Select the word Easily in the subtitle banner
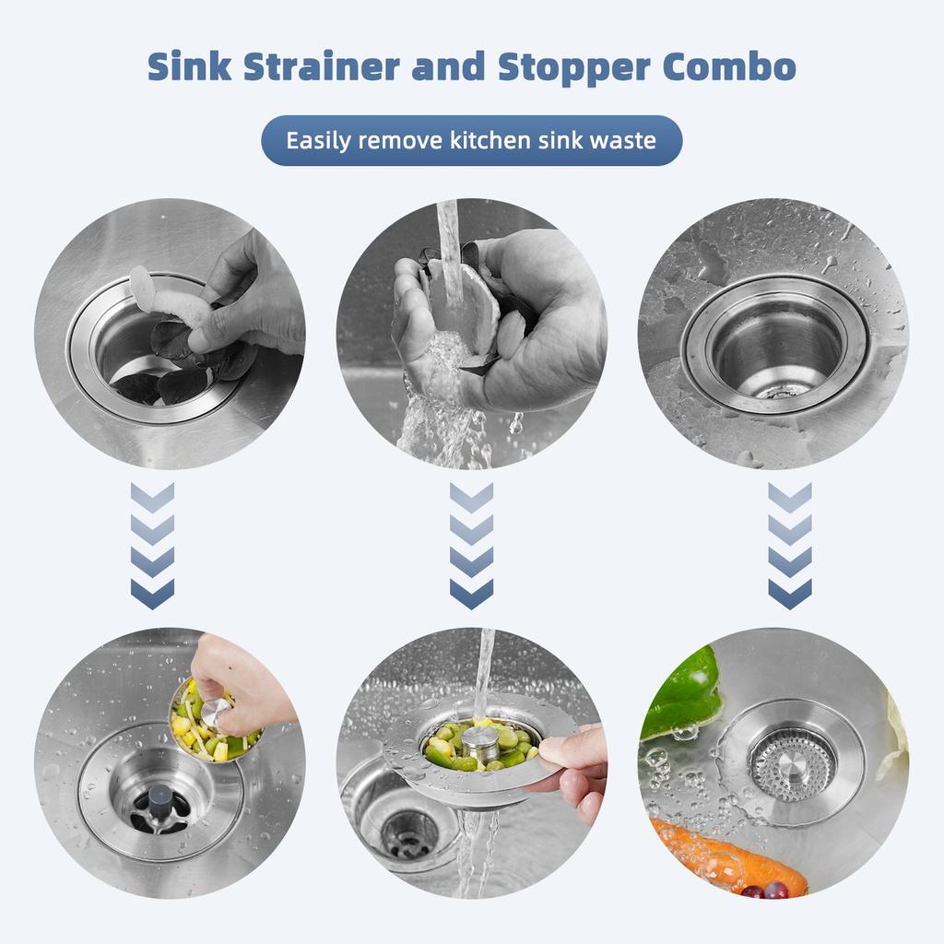pyautogui.click(x=319, y=141)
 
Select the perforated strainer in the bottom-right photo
pyautogui.click(x=790, y=763)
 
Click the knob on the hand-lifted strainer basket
pyautogui.click(x=217, y=710)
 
